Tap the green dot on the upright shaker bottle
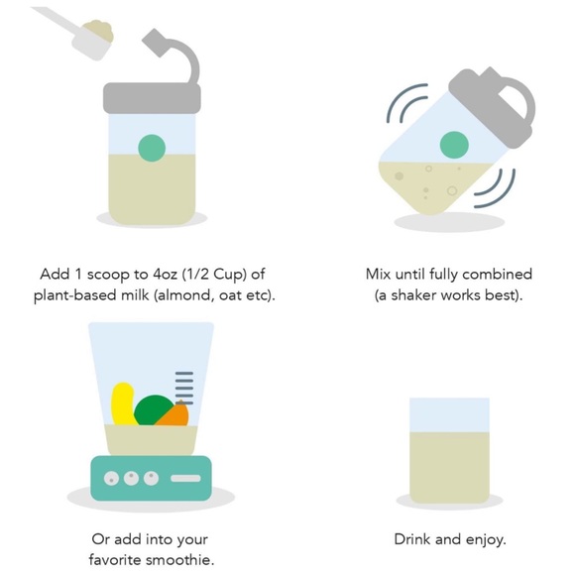[152, 148]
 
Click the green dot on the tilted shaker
[454, 145]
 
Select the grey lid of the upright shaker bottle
[152, 98]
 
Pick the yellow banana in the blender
[123, 403]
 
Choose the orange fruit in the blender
[174, 414]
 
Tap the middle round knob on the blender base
[131, 478]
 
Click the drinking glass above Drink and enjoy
[449, 450]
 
